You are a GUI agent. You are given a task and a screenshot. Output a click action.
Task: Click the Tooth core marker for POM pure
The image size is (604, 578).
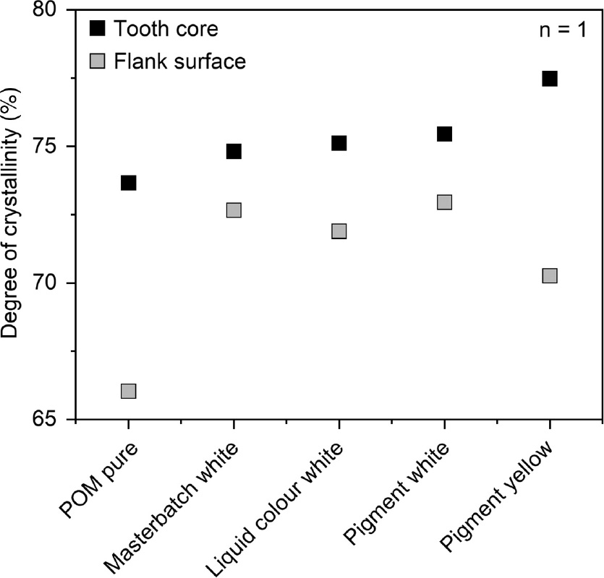coord(128,183)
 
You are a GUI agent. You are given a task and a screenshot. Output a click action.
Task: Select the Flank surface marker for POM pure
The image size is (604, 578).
coord(128,391)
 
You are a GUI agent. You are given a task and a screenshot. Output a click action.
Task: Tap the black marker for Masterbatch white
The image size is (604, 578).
coord(234,151)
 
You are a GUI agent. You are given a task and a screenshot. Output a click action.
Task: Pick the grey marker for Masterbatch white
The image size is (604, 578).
coord(234,210)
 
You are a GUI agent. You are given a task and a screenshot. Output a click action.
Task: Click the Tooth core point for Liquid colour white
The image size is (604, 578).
coord(339,143)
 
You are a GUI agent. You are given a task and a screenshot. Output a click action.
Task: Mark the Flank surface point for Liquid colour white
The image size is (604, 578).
coord(339,231)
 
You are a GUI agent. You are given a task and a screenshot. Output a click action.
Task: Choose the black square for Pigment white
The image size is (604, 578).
coord(444,134)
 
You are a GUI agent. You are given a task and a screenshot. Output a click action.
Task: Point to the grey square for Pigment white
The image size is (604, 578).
coord(444,202)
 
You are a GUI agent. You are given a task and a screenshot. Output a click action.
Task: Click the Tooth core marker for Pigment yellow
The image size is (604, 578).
coord(549,79)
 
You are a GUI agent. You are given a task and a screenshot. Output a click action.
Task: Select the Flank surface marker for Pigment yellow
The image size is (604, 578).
coord(549,276)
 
